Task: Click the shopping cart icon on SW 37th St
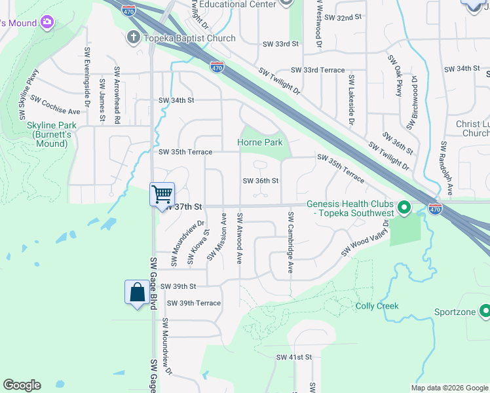(162, 194)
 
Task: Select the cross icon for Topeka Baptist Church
(133, 38)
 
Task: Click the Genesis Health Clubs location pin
(404, 209)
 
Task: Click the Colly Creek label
(377, 306)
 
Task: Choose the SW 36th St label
(261, 181)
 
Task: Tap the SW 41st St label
(294, 357)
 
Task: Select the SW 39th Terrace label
(193, 303)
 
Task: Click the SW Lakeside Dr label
(352, 100)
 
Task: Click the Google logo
(22, 385)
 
